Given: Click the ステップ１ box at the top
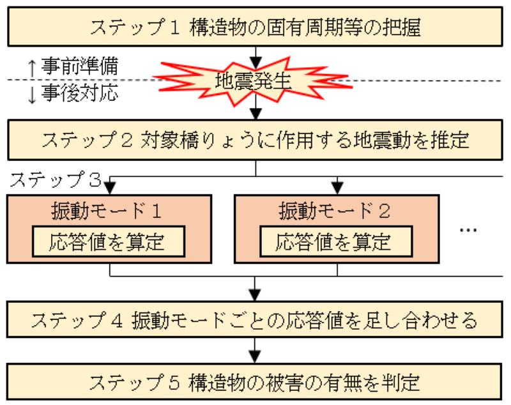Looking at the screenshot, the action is pos(255,27).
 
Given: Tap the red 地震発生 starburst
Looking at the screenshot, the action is pos(252,82).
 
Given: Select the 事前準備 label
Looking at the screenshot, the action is pos(79,66).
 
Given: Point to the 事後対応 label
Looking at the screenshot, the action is pos(79,93).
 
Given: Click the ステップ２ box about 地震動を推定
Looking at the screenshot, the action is pos(255,140).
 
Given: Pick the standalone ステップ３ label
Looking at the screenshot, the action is pos(56,180).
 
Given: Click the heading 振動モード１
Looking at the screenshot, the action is pos(106,210).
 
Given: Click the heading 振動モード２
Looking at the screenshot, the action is pos(334,210).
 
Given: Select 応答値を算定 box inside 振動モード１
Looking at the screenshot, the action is pos(109,241).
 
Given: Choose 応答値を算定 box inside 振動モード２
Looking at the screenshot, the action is pos(336,241).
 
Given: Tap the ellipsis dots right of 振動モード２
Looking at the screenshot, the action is pos(468,230).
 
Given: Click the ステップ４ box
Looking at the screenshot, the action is pos(254,319).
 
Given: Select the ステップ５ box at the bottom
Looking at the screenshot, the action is pos(254,381).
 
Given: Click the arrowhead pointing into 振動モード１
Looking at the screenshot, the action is pos(110,188).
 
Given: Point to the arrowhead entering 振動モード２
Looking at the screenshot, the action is pos(337,188).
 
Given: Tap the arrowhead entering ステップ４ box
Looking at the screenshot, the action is pos(255,295).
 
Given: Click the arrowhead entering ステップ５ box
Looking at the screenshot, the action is pos(255,357).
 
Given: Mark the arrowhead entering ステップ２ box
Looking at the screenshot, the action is pos(256,114).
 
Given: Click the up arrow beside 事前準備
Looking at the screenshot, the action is pos(31,68).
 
